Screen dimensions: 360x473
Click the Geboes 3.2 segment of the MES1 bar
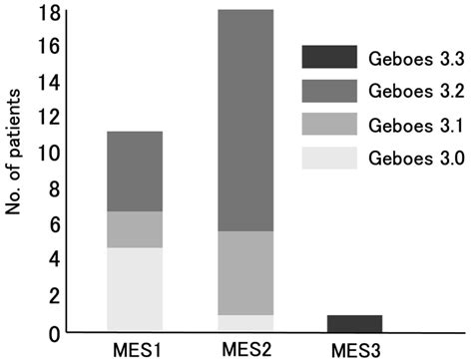click(x=135, y=171)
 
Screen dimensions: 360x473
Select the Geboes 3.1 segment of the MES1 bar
click(x=135, y=229)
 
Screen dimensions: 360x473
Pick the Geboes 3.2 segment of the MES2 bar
click(x=245, y=120)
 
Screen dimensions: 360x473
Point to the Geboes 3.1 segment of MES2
click(x=245, y=273)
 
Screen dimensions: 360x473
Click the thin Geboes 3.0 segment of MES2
click(x=245, y=322)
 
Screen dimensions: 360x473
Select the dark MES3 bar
click(x=355, y=322)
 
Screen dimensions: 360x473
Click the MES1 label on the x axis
click(x=135, y=347)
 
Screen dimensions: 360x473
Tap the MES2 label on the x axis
click(x=245, y=347)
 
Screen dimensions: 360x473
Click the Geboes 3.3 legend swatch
click(x=329, y=58)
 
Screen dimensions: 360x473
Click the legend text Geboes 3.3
click(x=408, y=59)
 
